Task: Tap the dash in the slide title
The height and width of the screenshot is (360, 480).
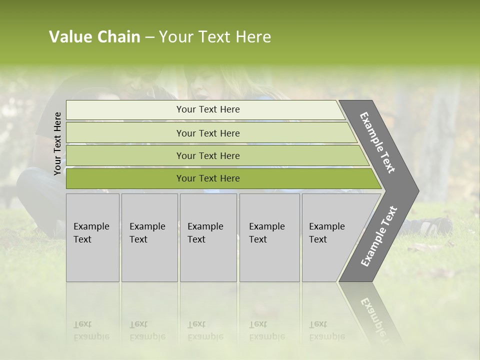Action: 149,37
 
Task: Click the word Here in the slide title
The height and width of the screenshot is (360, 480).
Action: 253,37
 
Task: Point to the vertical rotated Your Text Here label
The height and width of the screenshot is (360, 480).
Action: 57,143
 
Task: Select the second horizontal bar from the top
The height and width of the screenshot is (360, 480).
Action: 207,133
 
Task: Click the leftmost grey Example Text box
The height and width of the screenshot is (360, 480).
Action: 92,237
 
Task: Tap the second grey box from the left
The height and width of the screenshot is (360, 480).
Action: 149,237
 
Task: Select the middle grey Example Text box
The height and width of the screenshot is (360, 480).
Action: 208,237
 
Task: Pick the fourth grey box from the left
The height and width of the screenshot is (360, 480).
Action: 269,237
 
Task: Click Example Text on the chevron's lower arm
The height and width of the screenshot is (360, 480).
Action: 379,236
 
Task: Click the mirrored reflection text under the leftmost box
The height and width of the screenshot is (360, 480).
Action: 91,330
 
